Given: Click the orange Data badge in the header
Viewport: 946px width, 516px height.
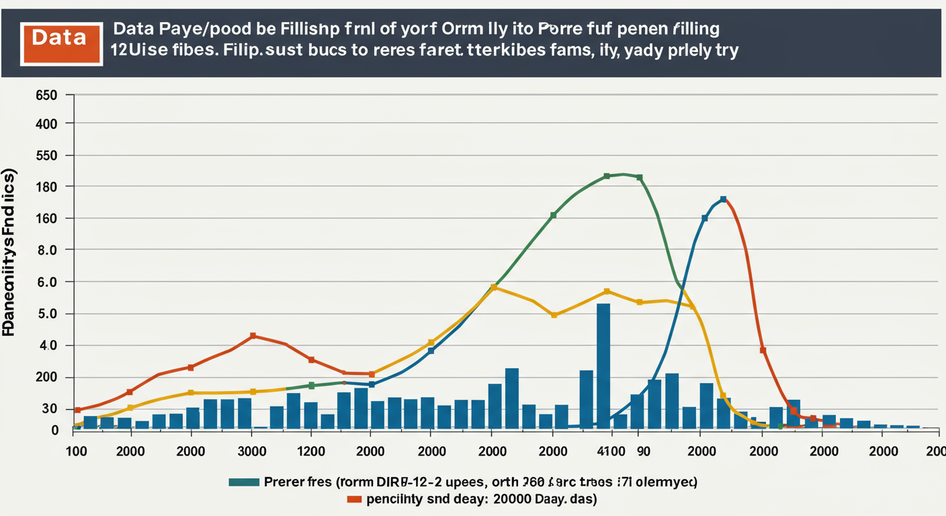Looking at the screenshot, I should tap(62, 38).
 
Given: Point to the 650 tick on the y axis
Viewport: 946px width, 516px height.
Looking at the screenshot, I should tap(46, 95).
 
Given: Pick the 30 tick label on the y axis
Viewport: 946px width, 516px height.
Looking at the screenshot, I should tap(50, 409).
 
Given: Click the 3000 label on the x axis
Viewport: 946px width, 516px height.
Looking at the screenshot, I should tap(253, 451).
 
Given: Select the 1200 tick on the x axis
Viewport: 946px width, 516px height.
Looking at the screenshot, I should tap(310, 451).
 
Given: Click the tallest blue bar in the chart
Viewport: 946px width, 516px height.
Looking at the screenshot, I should tap(603, 366).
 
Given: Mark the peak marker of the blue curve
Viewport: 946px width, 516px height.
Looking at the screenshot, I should tap(723, 200).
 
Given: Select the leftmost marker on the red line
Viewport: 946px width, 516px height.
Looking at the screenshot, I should tap(77, 410).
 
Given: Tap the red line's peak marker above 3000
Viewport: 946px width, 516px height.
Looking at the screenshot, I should tap(253, 336).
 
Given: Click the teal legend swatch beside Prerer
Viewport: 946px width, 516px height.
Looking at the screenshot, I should tap(244, 482).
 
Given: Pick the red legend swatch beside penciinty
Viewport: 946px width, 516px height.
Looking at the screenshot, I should tap(353, 500).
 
